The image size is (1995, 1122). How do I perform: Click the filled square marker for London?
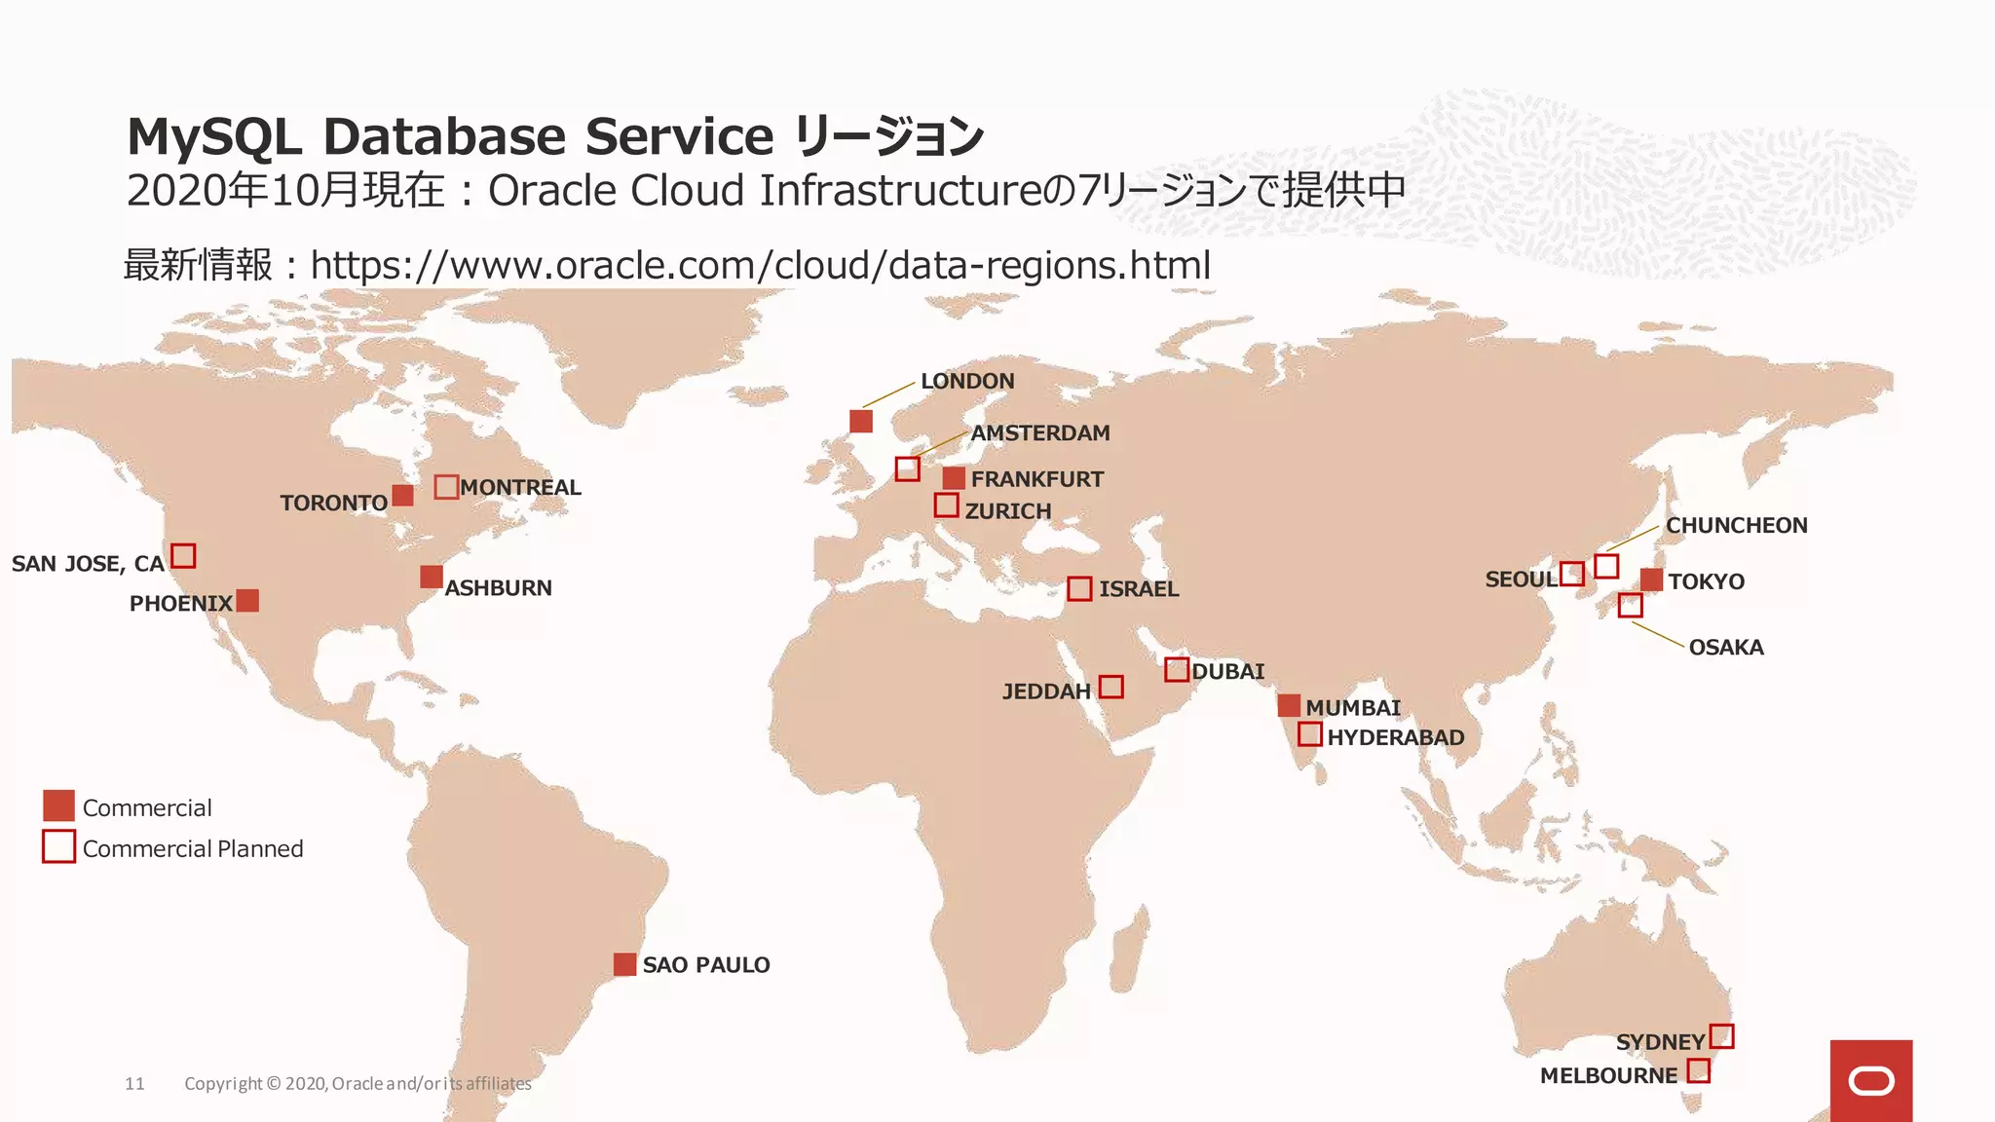coord(861,421)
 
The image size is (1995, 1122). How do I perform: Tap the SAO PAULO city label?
coord(705,965)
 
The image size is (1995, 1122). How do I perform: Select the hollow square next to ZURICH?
coord(946,505)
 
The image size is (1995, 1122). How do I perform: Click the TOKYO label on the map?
coord(1706,581)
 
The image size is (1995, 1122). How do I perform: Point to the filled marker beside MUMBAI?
coord(1289,705)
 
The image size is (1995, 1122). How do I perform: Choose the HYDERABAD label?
coord(1395,737)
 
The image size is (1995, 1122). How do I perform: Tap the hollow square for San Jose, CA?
coord(183,556)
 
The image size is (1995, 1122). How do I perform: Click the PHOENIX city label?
coord(180,604)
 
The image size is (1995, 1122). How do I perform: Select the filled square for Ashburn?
coord(432,577)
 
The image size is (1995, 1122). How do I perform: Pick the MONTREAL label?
coord(520,487)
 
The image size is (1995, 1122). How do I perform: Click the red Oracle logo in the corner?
coord(1870,1080)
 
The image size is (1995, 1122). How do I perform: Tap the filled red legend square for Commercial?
coord(59,805)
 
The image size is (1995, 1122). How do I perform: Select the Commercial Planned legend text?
coord(193,848)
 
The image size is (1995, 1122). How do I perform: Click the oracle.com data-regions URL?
coord(760,265)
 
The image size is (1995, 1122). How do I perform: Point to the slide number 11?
coord(134,1083)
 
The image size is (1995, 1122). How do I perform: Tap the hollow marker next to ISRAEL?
coord(1079,588)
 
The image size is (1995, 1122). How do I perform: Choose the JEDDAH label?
coord(1046,692)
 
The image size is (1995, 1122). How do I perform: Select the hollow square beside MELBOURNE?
coord(1698,1070)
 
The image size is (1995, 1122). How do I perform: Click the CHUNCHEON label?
coord(1736,526)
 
